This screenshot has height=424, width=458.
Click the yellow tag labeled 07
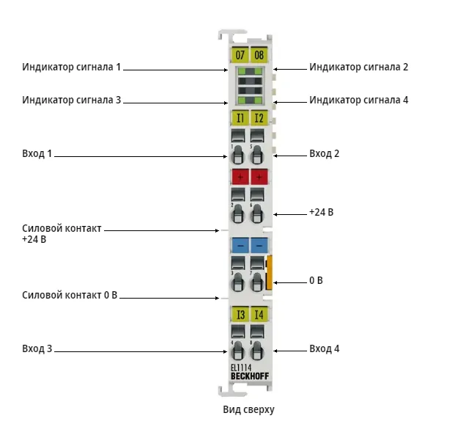coord(240,54)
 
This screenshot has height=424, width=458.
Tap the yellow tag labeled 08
coord(259,54)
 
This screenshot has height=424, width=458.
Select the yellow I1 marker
coord(240,118)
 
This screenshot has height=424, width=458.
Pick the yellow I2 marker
coord(259,118)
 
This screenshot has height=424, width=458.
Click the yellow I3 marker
coord(240,315)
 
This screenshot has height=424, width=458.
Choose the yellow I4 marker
coord(259,315)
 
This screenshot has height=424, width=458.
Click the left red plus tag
coord(240,177)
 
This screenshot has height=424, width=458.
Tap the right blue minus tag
coord(259,245)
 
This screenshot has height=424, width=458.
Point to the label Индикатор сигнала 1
coord(72,67)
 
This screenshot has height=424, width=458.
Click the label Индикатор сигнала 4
coord(358,100)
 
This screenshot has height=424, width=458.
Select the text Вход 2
coord(324,153)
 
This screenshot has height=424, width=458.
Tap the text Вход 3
coord(37,348)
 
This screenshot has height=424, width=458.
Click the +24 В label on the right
coord(321,212)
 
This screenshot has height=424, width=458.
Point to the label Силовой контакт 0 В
coord(70,295)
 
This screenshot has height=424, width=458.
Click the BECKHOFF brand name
coord(250,376)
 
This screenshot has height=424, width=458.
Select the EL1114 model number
coord(241,368)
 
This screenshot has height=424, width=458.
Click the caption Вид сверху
coord(248,409)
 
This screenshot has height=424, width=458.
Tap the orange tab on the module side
coord(269,273)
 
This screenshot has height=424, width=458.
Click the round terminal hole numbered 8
coord(257,351)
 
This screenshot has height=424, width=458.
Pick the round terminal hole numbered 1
coord(237,155)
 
